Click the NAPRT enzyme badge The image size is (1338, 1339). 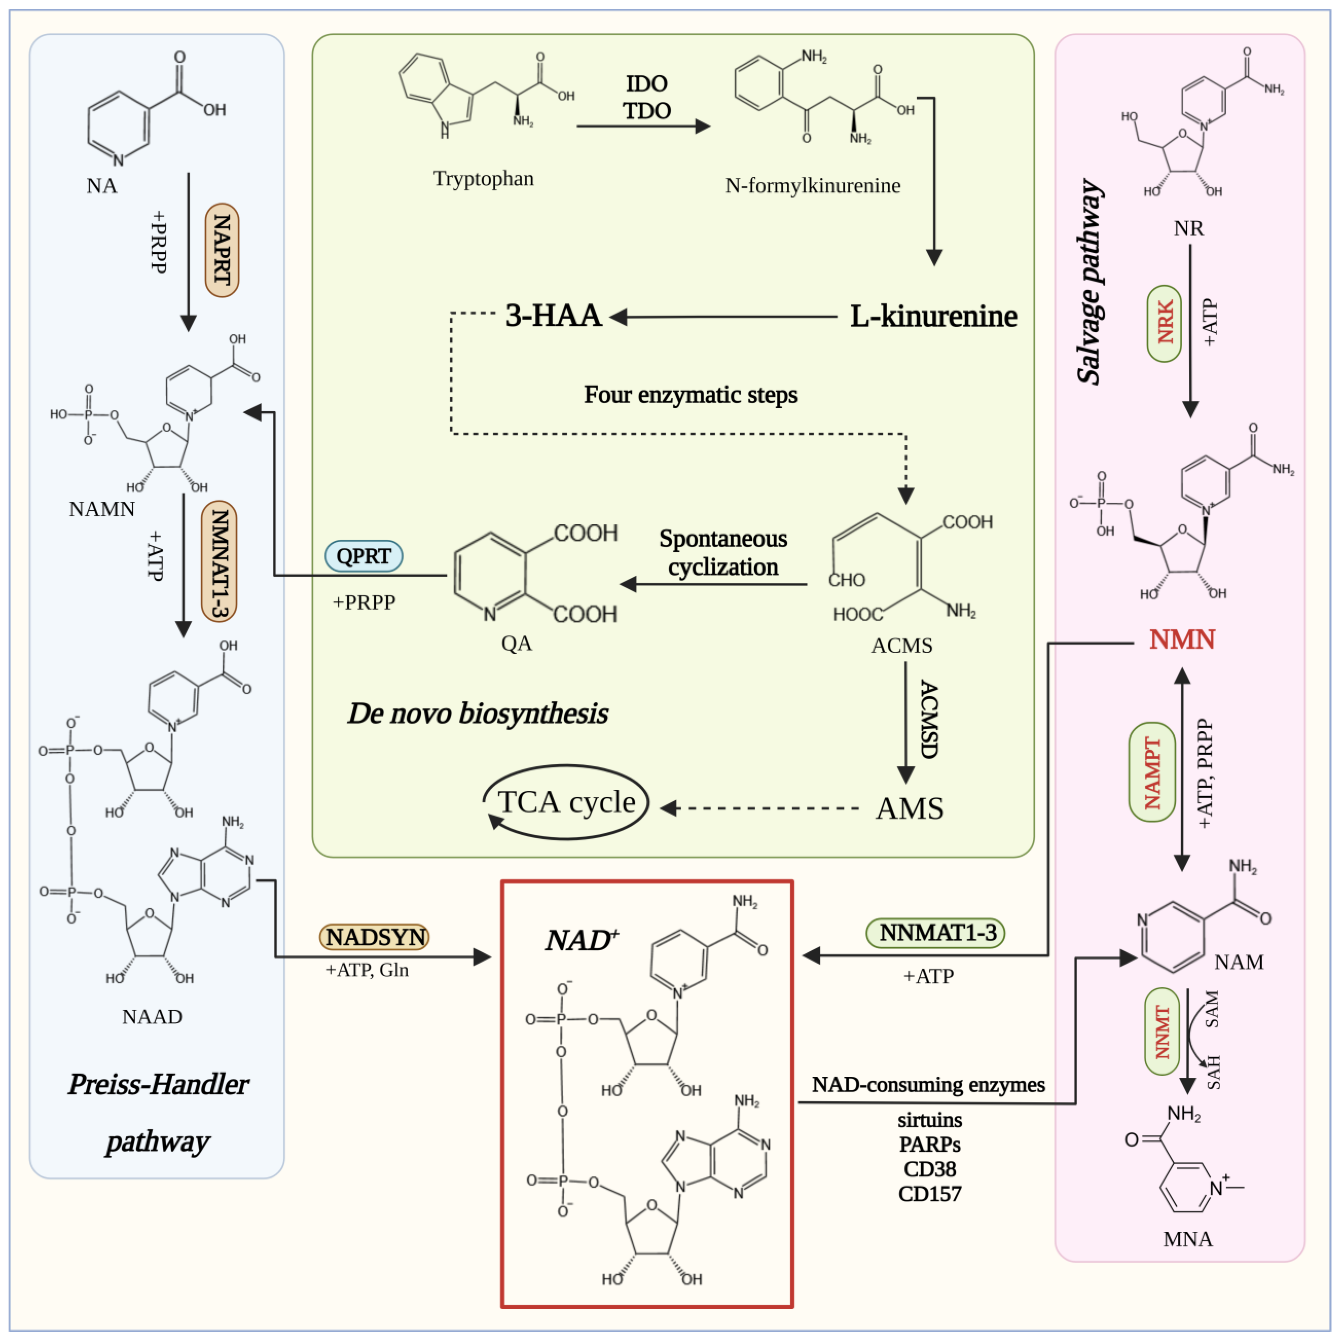(x=222, y=250)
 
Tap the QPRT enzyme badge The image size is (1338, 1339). (x=364, y=556)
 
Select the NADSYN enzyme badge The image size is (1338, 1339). (x=374, y=937)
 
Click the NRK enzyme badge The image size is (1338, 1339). (x=1165, y=323)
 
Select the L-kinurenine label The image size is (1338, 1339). (x=933, y=316)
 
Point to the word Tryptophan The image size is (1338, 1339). (x=483, y=179)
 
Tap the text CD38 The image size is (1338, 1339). (x=930, y=1169)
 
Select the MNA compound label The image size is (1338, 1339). (x=1188, y=1239)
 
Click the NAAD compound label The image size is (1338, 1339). (x=152, y=1017)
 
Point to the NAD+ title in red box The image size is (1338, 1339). (x=581, y=940)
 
